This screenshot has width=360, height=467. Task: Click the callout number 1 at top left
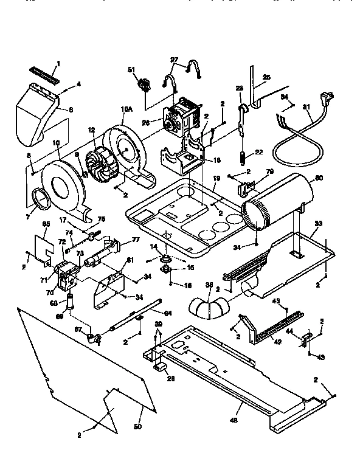[x=58, y=63]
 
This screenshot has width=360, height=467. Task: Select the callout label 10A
[x=126, y=109]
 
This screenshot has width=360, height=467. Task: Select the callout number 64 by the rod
[x=168, y=313]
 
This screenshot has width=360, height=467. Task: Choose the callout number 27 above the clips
[x=175, y=60]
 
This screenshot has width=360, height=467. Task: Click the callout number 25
[x=265, y=77]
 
